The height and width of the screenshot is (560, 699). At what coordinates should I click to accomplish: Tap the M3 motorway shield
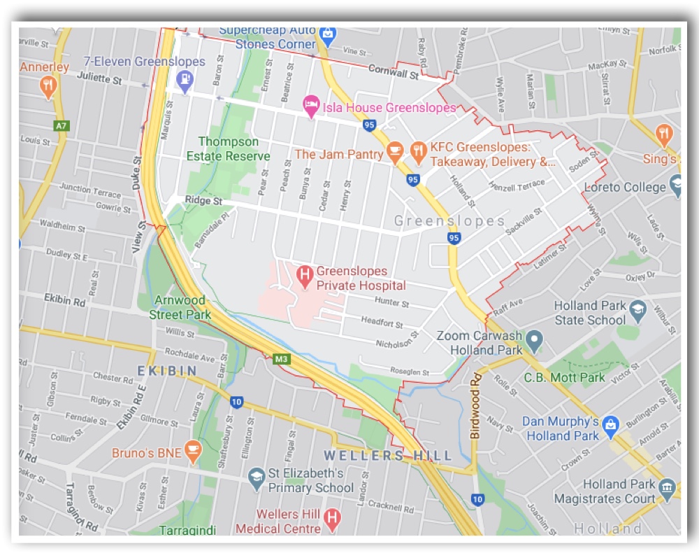282,360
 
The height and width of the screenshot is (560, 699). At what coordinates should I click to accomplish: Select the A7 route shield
62,126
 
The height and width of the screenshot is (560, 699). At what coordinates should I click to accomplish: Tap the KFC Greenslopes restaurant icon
419,150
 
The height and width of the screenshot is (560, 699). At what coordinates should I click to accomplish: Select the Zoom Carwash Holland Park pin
534,341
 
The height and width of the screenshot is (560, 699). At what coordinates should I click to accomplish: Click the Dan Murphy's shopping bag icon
610,423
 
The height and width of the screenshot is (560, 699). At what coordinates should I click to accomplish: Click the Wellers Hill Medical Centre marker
333,519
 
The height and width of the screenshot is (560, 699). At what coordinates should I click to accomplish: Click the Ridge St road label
203,201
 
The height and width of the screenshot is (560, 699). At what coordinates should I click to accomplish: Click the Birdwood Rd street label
476,405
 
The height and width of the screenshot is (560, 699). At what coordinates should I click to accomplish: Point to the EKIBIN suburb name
166,370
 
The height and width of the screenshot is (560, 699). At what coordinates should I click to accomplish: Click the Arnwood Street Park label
180,307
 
